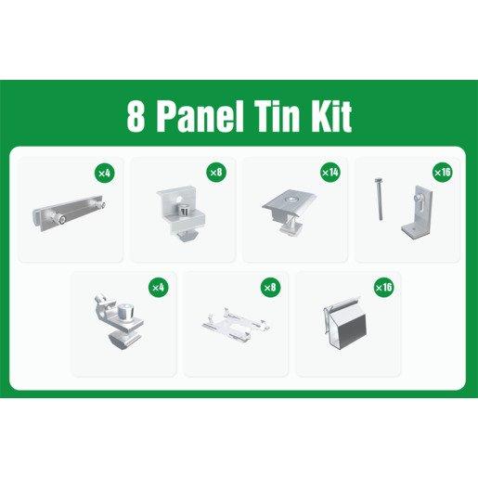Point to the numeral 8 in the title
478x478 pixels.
click(136, 117)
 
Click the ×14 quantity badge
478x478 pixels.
click(330, 173)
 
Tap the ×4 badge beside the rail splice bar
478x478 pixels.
click(105, 173)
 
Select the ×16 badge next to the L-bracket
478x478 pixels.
click(443, 173)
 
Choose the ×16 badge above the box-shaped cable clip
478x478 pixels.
click(383, 288)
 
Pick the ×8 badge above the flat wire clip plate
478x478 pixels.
click(270, 288)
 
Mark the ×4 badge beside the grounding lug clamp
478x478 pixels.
click(159, 288)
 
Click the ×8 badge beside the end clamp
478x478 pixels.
click(216, 173)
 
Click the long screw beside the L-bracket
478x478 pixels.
click(380, 199)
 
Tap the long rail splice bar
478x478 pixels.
click(70, 213)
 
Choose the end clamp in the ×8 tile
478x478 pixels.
click(181, 213)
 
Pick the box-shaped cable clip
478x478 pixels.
click(345, 324)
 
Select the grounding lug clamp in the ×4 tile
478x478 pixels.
click(118, 323)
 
